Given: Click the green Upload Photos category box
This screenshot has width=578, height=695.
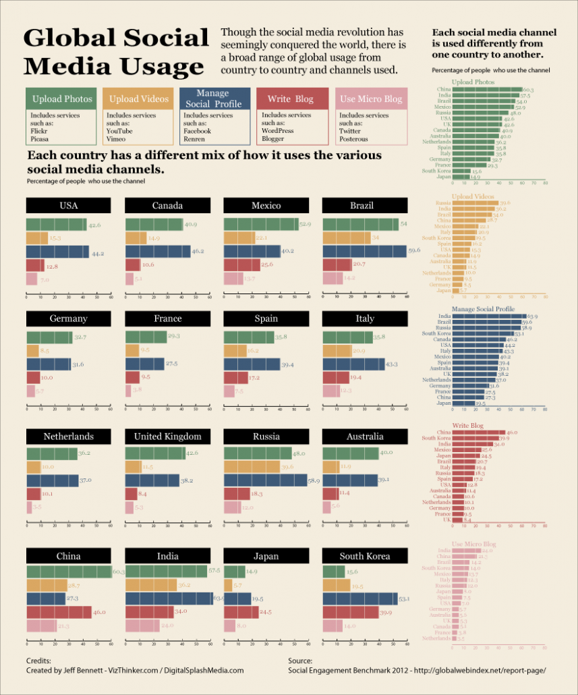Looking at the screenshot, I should click(62, 99).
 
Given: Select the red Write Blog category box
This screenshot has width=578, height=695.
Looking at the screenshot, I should click(294, 99).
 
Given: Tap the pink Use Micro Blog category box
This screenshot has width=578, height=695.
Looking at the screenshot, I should click(371, 99).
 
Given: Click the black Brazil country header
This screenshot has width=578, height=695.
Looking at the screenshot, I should click(362, 205).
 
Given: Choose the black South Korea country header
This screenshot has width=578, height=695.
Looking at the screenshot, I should click(365, 556).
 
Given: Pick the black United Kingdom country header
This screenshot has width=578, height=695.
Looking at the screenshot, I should click(167, 437).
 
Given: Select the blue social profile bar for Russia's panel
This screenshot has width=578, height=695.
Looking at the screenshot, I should click(265, 480).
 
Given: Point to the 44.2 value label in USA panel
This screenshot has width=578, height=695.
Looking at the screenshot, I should click(97, 254).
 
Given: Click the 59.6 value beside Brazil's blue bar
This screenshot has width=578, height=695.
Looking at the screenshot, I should click(413, 250).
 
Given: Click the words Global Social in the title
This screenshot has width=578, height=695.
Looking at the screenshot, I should click(116, 38).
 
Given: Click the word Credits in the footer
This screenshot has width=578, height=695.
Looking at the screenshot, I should click(38, 661).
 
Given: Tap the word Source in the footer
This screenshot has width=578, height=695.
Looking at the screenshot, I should click(300, 661).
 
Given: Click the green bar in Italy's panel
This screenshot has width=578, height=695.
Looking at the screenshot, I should click(347, 337).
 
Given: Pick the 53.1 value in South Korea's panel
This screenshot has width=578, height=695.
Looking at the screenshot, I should click(405, 599).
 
